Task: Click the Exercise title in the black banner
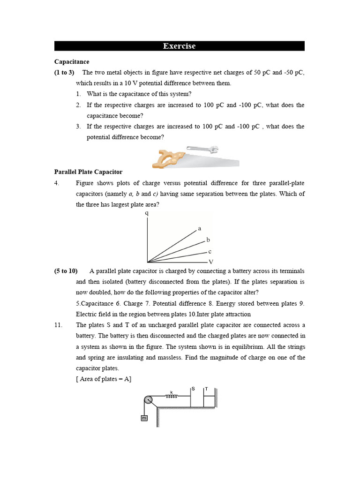point(179,46)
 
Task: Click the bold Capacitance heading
point(72,61)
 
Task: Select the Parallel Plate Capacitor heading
point(88,172)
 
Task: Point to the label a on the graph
point(200,229)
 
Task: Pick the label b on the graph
point(208,240)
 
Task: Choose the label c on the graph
point(210,252)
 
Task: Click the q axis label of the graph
point(147,213)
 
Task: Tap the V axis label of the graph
point(211,262)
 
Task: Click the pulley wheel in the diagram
point(148,399)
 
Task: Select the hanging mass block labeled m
point(144,418)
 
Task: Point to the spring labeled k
point(172,396)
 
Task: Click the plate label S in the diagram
point(193,389)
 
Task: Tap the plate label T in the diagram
point(206,389)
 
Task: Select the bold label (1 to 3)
point(64,72)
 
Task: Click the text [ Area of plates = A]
point(104,379)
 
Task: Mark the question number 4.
point(57,183)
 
